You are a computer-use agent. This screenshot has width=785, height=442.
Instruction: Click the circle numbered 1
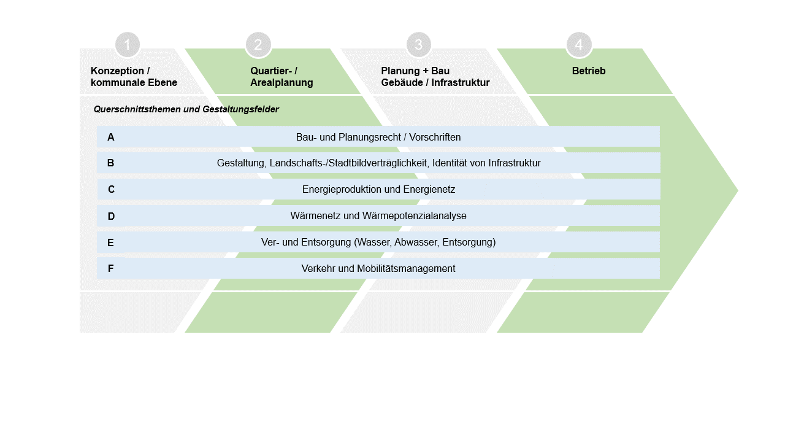tap(128, 45)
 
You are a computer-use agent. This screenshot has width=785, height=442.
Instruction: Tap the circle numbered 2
tap(258, 45)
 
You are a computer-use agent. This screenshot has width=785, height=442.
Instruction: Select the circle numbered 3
tap(419, 45)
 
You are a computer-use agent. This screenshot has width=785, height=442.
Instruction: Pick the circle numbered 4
tap(579, 45)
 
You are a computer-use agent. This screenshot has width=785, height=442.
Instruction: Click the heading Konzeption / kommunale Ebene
tap(134, 77)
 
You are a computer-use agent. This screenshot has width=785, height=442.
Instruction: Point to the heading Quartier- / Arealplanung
tap(281, 77)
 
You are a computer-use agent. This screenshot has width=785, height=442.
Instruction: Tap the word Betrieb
tap(589, 71)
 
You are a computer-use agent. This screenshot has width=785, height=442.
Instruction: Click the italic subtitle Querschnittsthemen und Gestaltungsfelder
tap(186, 109)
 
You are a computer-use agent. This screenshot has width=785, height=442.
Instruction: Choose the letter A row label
tap(111, 138)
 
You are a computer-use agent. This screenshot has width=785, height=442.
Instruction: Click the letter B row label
tap(111, 163)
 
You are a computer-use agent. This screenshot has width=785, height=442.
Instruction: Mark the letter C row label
tap(111, 190)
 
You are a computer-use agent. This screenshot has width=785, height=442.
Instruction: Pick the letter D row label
tap(111, 216)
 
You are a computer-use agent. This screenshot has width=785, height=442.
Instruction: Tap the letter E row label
tap(111, 242)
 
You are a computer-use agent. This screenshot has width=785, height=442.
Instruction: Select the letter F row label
tap(111, 269)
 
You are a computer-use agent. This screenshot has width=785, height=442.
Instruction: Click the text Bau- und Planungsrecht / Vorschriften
tap(378, 138)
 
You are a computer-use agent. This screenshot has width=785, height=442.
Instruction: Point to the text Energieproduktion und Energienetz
tap(378, 190)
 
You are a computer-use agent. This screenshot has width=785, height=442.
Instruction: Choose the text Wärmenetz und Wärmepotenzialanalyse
tap(378, 216)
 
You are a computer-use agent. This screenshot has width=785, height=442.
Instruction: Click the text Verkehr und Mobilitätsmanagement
tap(378, 269)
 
